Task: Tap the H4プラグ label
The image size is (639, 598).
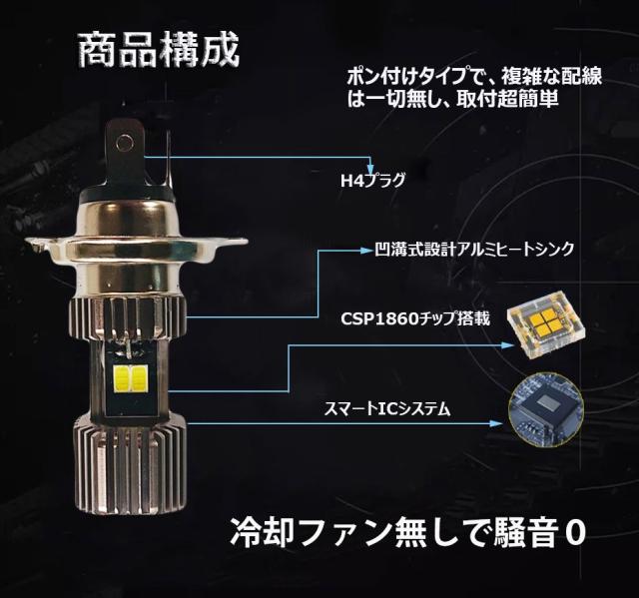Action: click(372, 181)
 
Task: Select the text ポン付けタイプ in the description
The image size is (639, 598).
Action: click(392, 76)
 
